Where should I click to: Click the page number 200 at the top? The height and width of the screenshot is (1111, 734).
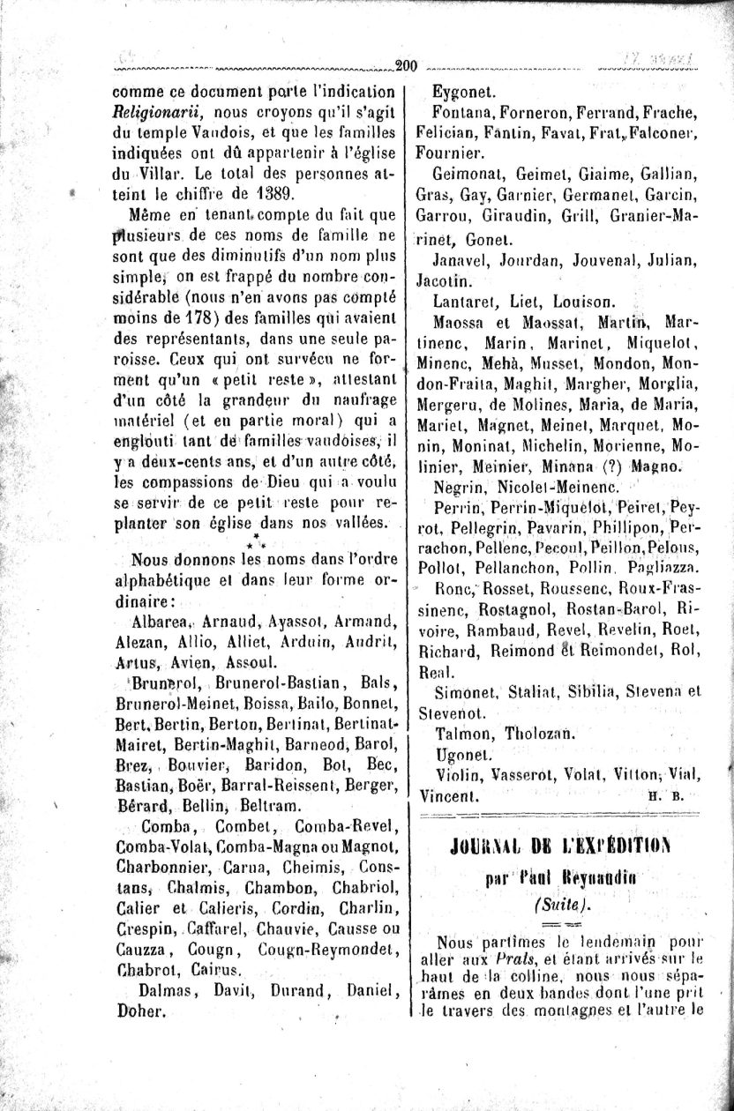407,64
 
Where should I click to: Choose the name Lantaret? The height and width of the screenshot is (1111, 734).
467,302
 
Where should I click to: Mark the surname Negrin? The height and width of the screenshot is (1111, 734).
460,487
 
